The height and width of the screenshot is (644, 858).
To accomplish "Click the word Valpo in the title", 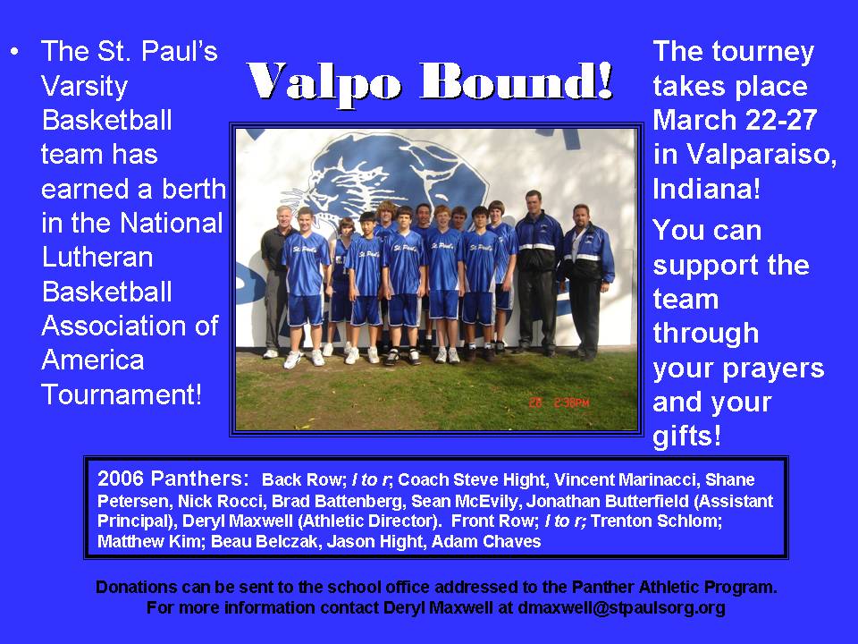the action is pos(324,83).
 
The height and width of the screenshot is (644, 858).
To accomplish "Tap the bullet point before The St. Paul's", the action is pos(15,52).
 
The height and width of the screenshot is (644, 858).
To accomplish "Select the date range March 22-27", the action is pos(735,120).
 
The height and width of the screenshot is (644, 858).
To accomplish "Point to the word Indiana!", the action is pos(706,189).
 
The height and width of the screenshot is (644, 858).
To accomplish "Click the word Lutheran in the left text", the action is pos(97,257).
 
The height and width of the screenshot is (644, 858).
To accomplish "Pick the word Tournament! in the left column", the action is pos(122,394).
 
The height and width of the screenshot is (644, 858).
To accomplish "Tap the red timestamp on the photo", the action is pos(559,402).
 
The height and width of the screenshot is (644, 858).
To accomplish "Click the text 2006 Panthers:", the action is pos(172,479).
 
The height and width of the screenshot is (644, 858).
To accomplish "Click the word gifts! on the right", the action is pos(686,436).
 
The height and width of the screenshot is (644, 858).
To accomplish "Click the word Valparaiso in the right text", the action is pos(761,154).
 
